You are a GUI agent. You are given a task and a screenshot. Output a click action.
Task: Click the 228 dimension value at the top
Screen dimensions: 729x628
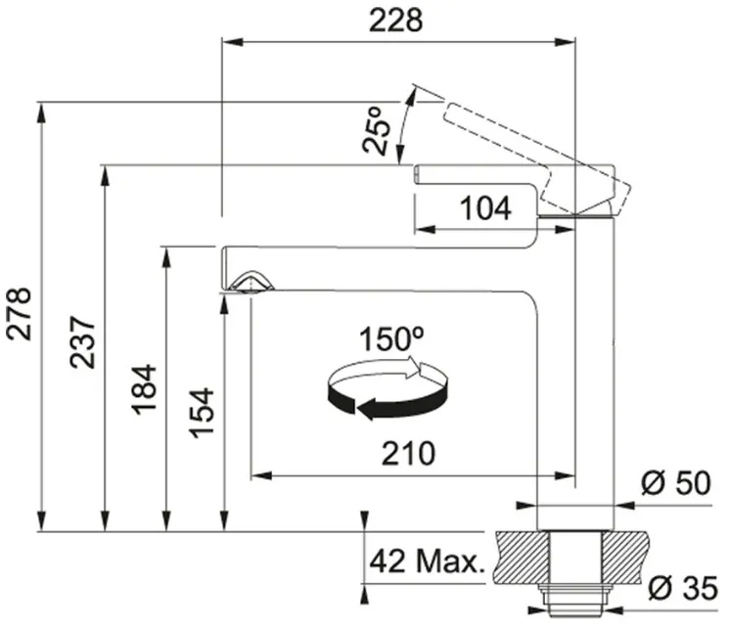click(395, 21)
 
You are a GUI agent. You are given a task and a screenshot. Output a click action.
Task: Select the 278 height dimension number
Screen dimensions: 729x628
click(19, 314)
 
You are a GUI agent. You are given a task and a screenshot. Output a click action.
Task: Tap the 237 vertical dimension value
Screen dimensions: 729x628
click(83, 342)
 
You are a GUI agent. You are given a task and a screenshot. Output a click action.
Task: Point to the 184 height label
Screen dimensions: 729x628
click(144, 389)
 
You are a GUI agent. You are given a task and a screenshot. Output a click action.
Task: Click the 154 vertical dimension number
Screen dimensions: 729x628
click(202, 413)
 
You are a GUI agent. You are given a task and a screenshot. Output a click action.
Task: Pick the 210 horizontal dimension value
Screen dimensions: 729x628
click(408, 454)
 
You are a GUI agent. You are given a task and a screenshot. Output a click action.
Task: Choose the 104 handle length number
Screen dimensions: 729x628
click(485, 207)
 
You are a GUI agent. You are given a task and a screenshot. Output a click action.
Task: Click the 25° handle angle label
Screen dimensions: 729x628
click(376, 130)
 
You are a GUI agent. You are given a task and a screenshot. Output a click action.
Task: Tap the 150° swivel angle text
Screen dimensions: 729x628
click(391, 338)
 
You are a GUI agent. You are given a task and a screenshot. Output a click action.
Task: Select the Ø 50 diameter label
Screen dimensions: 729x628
click(676, 482)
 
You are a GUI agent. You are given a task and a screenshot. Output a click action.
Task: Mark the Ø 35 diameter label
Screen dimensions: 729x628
click(683, 588)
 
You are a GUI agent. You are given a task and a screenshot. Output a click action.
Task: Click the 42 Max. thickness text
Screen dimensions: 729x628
click(428, 561)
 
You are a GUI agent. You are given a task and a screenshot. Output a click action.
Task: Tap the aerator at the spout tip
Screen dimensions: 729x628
click(251, 282)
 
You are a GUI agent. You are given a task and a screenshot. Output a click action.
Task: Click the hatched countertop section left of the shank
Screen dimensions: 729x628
click(523, 557)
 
